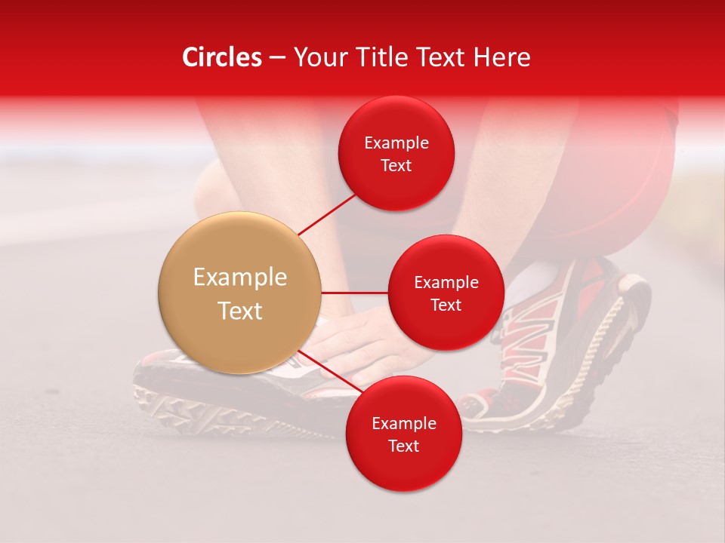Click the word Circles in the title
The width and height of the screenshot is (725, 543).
click(x=221, y=57)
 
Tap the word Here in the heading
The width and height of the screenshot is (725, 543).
click(x=501, y=57)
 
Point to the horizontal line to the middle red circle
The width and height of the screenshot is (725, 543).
click(x=355, y=293)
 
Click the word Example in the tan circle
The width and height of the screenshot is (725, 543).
click(x=240, y=278)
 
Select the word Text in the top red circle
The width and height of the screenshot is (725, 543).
click(x=396, y=165)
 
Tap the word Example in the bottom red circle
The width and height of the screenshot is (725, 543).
click(x=403, y=423)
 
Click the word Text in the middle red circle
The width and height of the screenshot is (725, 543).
click(x=446, y=305)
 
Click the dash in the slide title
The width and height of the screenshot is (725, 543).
click(x=276, y=58)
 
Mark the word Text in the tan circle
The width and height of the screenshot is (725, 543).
click(x=240, y=311)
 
